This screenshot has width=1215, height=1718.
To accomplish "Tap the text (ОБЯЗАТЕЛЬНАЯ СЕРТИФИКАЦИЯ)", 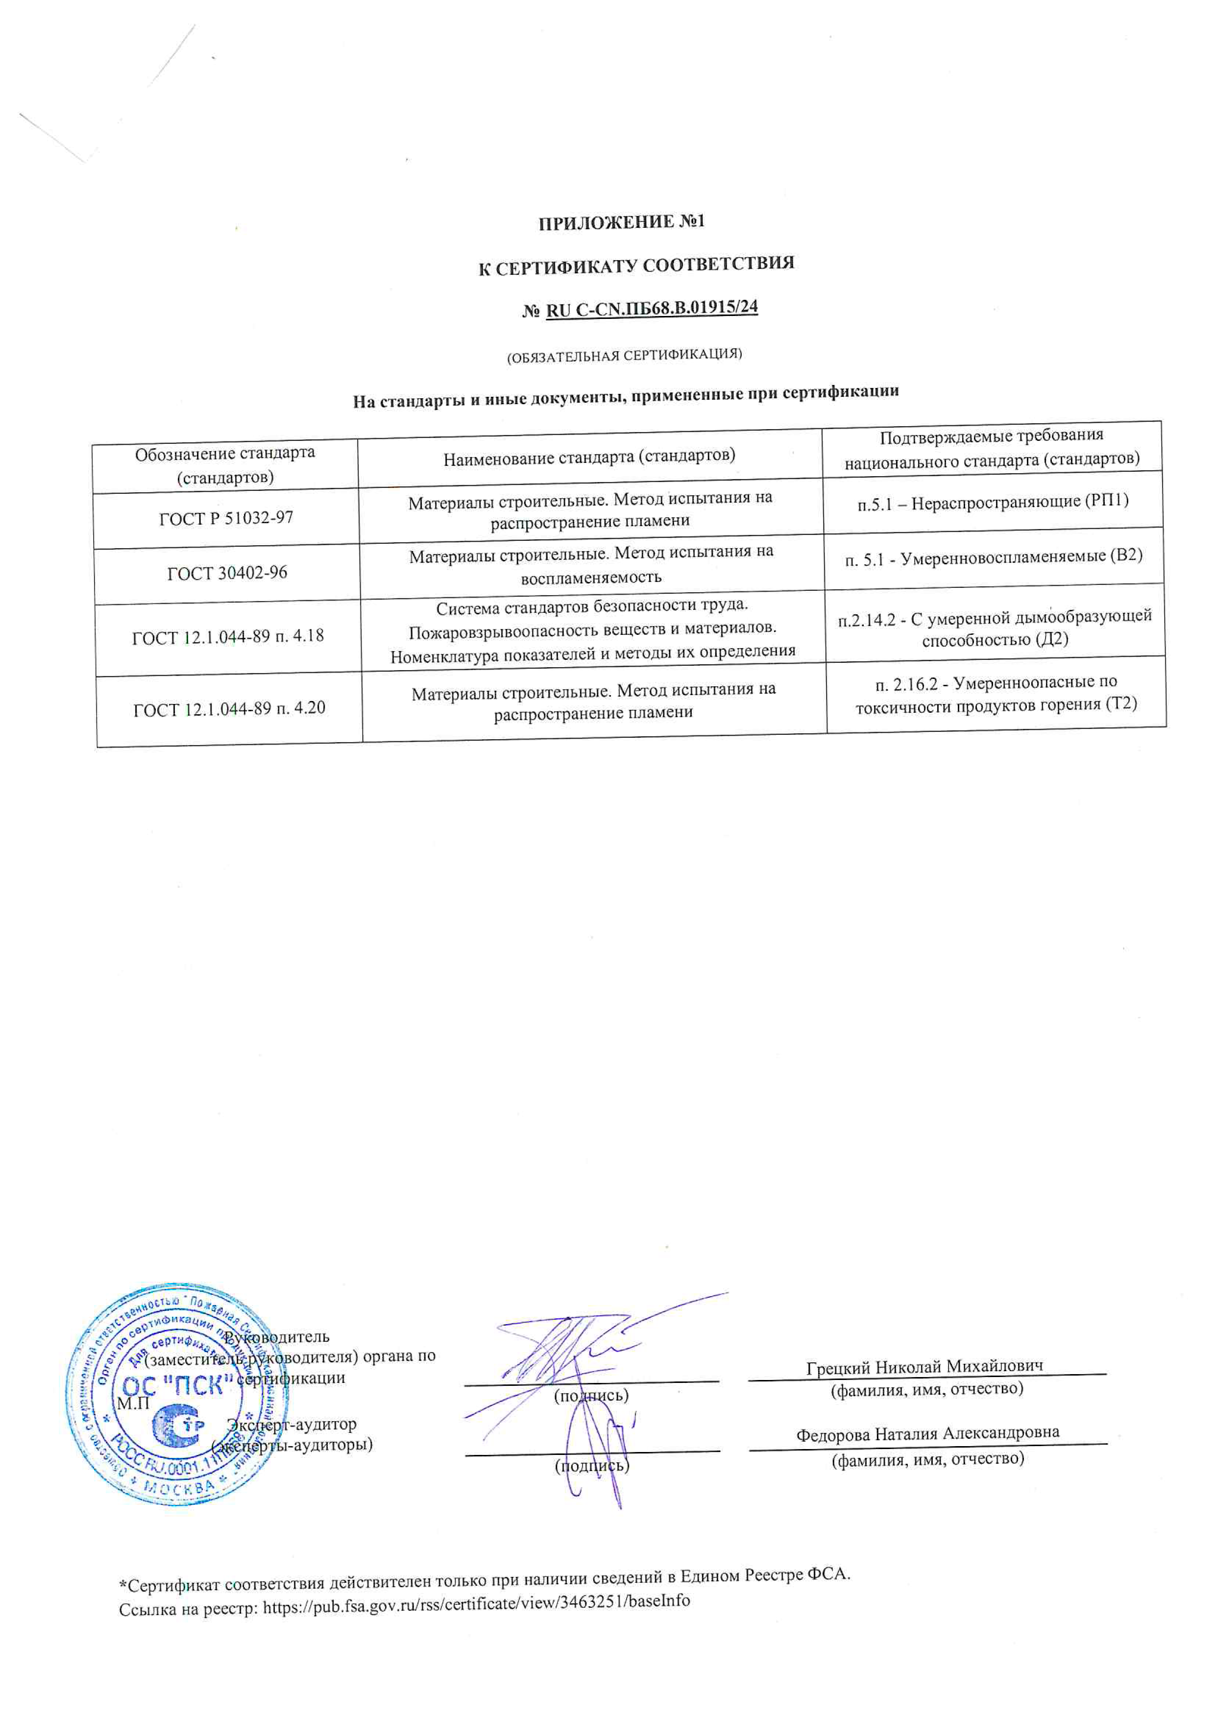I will pyautogui.click(x=625, y=355).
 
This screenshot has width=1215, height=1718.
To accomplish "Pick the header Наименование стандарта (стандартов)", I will pyautogui.click(x=589, y=457).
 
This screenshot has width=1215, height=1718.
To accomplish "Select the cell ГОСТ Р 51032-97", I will pyautogui.click(x=226, y=518).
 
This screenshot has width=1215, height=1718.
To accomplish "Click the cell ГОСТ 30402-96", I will pyautogui.click(x=227, y=573).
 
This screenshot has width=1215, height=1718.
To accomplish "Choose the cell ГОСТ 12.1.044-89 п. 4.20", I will pyautogui.click(x=230, y=708).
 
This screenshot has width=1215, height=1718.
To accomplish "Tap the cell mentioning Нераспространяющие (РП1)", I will pyautogui.click(x=993, y=501).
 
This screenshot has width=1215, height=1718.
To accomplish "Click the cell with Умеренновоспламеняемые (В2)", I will pyautogui.click(x=994, y=557).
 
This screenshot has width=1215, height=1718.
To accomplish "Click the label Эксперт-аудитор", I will pyautogui.click(x=292, y=1424).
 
